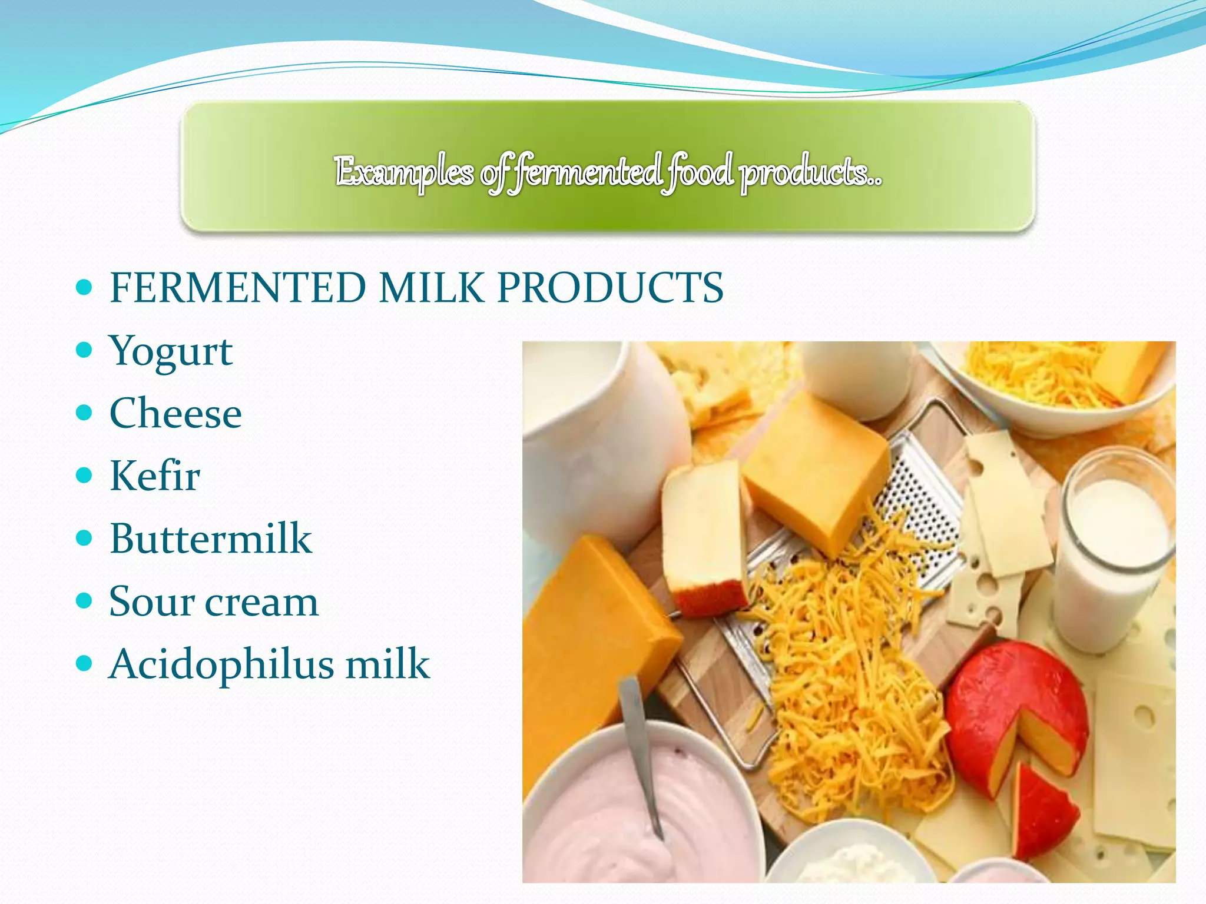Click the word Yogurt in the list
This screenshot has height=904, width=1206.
point(171,352)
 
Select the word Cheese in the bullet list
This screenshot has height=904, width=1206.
point(175,413)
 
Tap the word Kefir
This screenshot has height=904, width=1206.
point(154,476)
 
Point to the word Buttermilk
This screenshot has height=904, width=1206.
point(210,539)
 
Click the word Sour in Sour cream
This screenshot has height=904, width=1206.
point(151,601)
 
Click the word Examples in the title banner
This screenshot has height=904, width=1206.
point(404,172)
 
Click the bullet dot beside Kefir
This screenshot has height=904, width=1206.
point(85,476)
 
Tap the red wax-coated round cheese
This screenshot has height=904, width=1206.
point(1001,706)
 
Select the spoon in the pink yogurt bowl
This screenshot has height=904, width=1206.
point(639,753)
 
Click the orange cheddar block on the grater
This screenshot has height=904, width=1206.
point(816,471)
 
